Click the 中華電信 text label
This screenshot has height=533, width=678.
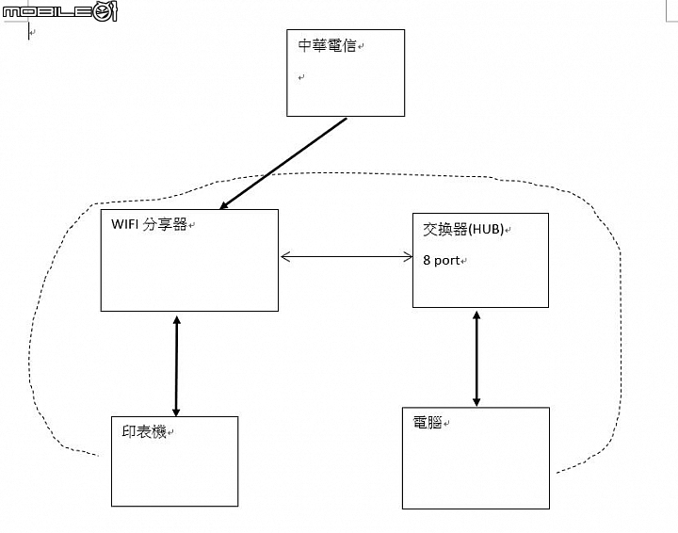327,45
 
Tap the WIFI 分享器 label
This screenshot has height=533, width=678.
149,224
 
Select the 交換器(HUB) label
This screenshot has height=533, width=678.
463,229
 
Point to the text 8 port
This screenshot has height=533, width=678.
441,260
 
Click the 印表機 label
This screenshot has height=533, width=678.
144,431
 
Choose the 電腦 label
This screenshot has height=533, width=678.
428,422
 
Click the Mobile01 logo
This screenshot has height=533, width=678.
60,11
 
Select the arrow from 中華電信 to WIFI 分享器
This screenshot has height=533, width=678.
283,164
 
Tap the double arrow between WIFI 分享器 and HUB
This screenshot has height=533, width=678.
347,257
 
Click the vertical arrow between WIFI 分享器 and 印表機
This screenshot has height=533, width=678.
176,365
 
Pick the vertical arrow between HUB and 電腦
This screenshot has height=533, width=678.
476,359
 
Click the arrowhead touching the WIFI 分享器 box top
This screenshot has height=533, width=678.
224,205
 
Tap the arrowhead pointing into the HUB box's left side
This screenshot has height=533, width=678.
408,257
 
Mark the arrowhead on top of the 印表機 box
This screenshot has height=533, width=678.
176,412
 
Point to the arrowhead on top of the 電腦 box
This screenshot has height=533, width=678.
476,401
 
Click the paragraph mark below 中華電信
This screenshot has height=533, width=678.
301,77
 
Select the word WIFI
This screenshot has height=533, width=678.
124,224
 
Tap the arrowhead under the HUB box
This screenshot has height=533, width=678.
476,316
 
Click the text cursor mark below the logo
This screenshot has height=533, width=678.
29,32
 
